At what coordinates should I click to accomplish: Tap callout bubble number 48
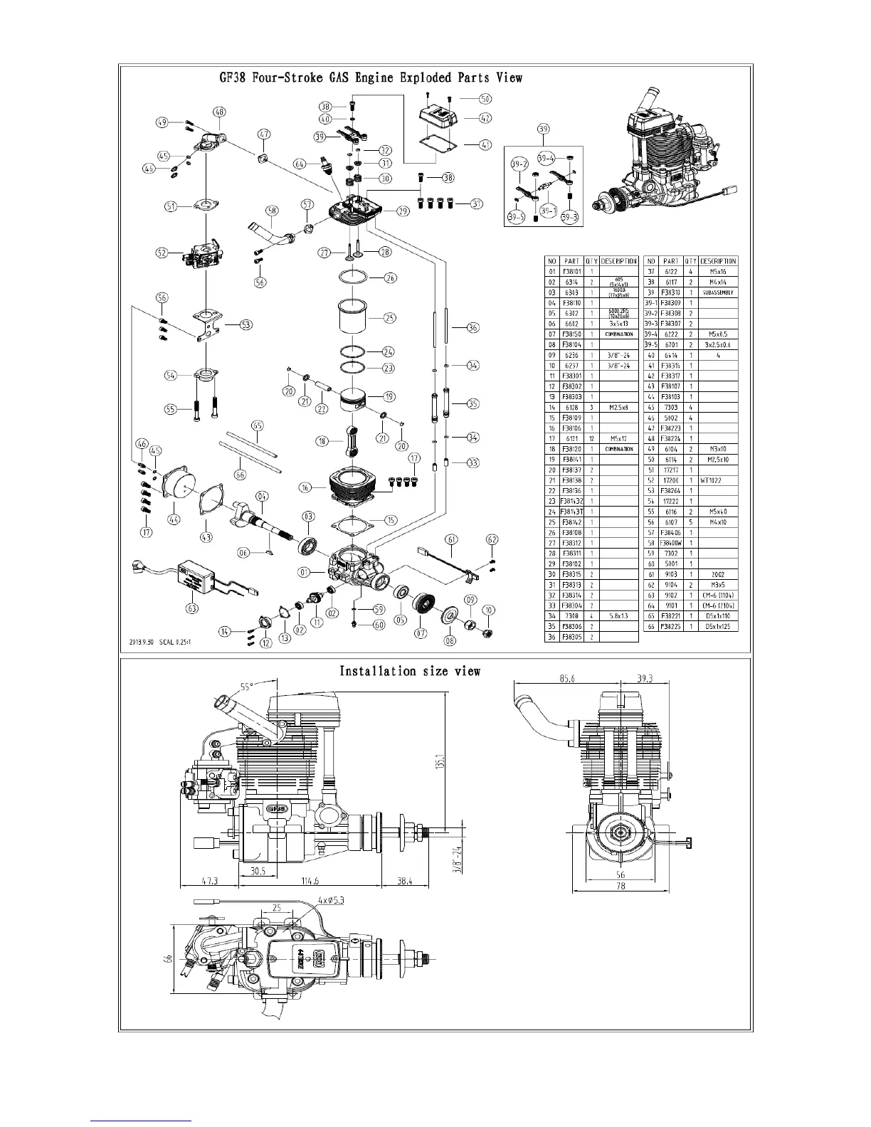tap(218, 112)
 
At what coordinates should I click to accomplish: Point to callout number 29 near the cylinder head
tap(403, 211)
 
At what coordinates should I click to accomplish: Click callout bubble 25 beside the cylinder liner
tap(390, 318)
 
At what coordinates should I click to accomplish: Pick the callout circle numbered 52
tap(162, 252)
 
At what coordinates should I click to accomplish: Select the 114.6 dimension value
tap(310, 881)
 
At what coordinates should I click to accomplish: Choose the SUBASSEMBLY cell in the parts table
tap(719, 292)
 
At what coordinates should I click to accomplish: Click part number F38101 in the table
tap(572, 272)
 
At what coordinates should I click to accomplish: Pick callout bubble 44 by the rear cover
tap(174, 519)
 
